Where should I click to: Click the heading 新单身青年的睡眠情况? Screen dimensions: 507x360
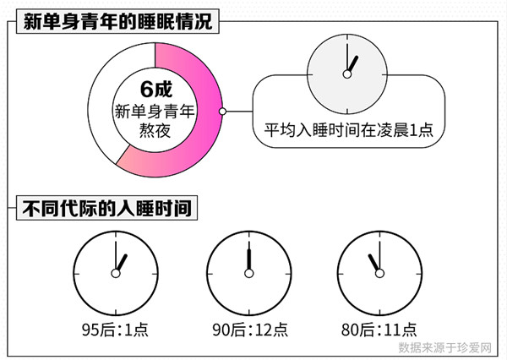(117, 21)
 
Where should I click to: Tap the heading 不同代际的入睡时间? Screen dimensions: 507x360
(106, 208)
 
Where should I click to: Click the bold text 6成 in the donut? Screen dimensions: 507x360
(156, 89)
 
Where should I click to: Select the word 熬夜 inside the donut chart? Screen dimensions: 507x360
(155, 131)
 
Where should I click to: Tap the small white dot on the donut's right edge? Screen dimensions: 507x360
(222, 112)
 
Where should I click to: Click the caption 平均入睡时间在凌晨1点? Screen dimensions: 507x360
(348, 130)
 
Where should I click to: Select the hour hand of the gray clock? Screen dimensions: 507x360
(352, 64)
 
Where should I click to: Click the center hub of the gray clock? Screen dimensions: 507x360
(347, 74)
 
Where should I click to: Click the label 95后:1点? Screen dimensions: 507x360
(115, 330)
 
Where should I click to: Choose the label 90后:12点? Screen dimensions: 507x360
(249, 330)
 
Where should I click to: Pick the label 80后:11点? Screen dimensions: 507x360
(379, 330)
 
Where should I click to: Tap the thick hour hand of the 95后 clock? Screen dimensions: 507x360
(122, 263)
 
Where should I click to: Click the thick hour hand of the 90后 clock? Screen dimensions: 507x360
(249, 259)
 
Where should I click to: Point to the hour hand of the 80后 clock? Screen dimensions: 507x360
(373, 263)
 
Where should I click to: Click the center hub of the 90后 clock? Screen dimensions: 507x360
(249, 274)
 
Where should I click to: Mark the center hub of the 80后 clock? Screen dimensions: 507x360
(379, 274)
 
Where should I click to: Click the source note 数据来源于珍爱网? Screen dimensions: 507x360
(445, 347)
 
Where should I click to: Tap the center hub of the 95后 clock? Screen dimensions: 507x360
(116, 274)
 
